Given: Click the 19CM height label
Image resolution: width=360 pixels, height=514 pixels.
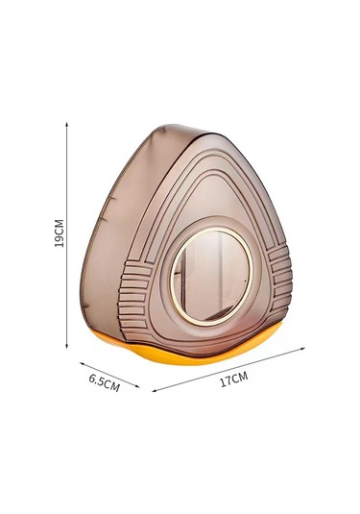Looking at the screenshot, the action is click(x=60, y=233).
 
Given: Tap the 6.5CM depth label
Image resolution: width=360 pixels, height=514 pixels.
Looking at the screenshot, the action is click(x=105, y=383).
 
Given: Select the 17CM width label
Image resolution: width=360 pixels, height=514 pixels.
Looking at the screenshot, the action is click(x=233, y=379).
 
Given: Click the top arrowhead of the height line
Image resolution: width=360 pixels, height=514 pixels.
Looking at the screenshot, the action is click(x=66, y=125).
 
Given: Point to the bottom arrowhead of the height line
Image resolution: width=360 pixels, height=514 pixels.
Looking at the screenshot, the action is click(x=66, y=346).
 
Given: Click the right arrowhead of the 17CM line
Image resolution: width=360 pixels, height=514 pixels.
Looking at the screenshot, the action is click(x=302, y=349).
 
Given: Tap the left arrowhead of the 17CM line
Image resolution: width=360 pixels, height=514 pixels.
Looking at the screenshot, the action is click(x=155, y=390).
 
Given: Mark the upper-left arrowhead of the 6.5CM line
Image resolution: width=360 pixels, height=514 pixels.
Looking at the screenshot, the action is click(x=83, y=363).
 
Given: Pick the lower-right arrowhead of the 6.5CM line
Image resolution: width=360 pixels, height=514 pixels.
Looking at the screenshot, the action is click(x=136, y=386).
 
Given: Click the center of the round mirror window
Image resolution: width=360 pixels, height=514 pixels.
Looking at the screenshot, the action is click(x=211, y=276).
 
